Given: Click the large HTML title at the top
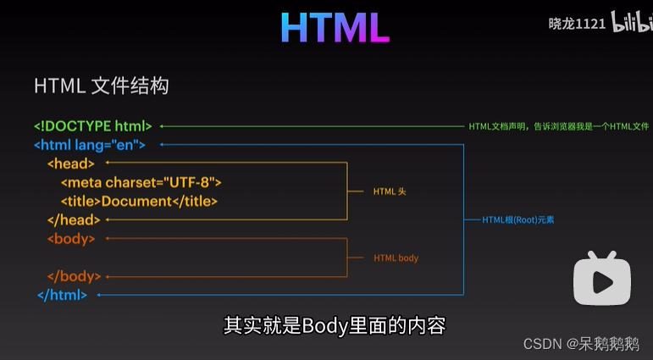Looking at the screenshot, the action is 335,28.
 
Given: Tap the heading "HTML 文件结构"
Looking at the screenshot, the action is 101,86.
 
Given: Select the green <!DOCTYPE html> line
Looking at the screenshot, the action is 93,126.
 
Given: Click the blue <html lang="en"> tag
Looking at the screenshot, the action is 90,145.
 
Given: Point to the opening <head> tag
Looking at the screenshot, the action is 71,163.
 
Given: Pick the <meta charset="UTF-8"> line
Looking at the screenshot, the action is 141,182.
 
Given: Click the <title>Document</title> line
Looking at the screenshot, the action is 139,201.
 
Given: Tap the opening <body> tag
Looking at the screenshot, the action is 71,239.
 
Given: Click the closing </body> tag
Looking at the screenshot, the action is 74,276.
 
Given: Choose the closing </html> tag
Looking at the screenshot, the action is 62,295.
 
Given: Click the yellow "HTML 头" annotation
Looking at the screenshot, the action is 390,191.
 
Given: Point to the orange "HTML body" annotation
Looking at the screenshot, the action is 396,258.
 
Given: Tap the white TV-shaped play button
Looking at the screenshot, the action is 602,276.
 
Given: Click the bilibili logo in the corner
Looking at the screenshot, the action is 632,24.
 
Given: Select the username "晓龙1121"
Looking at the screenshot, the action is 577,24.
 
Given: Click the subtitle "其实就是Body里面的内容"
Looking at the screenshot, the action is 334,325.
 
